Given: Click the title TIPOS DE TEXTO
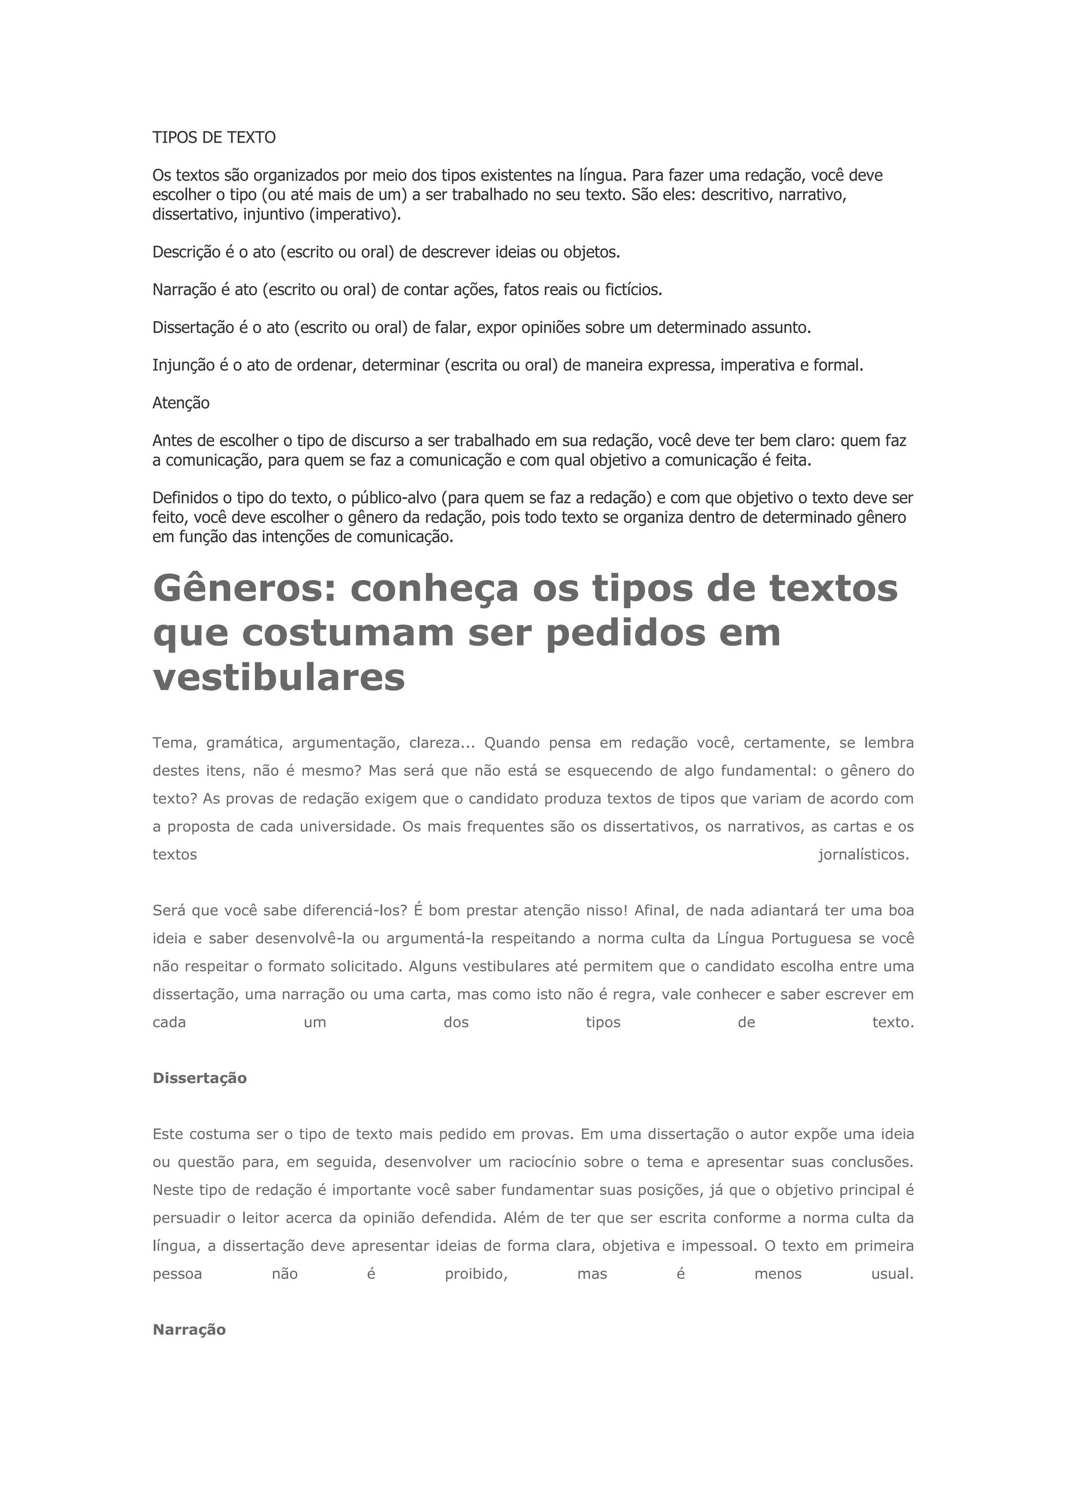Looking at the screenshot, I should click(214, 137).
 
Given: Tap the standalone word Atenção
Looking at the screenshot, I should click(181, 403).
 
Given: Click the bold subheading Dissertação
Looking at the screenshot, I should click(199, 1078).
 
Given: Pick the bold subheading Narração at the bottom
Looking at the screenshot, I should click(189, 1329).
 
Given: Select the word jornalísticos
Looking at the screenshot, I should click(863, 854).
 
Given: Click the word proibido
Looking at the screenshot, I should click(476, 1274).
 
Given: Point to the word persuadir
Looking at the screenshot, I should click(185, 1217).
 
